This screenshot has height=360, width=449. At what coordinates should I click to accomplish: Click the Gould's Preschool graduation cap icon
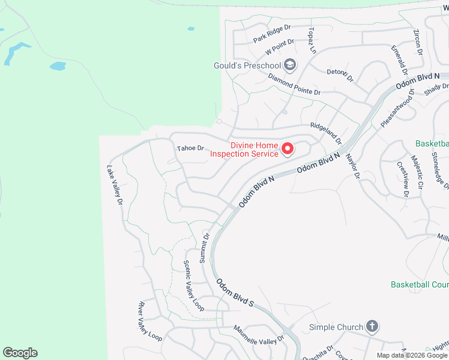(x=290, y=65)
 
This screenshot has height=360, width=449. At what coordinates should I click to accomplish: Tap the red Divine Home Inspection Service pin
(x=287, y=148)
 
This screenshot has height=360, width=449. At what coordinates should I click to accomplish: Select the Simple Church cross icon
(x=372, y=327)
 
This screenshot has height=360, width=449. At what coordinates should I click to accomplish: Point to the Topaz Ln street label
(x=312, y=40)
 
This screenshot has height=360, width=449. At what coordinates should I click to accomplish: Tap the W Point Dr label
(x=280, y=46)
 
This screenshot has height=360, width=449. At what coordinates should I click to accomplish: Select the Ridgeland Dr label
(x=325, y=133)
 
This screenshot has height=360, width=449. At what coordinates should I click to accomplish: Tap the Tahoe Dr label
(x=190, y=148)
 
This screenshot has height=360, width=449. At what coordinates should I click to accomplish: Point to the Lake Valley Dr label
(x=115, y=187)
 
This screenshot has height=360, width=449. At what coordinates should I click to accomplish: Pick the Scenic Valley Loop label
(x=193, y=286)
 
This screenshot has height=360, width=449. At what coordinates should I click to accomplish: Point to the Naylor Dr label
(x=352, y=166)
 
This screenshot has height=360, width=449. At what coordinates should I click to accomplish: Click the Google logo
(x=20, y=353)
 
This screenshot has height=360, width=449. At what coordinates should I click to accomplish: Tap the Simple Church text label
(x=336, y=327)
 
